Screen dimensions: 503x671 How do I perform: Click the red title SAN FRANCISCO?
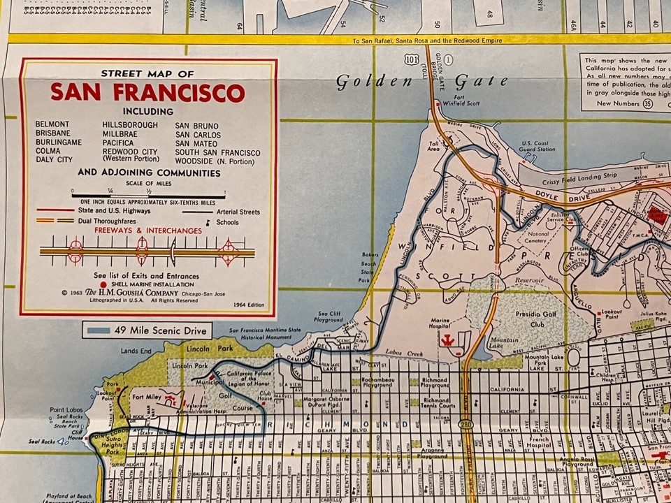click(147, 93)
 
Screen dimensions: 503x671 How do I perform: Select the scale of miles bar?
click(147, 196)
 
